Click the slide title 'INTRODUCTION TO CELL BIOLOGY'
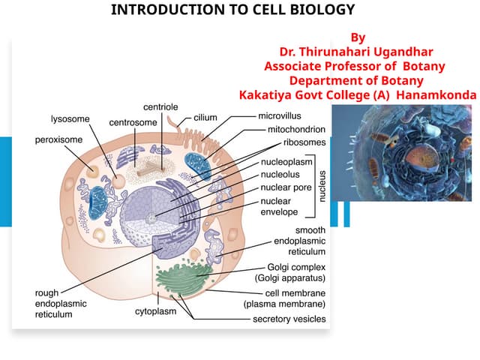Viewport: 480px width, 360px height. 232,10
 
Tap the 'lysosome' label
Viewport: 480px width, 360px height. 70,119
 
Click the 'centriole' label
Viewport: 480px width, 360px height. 160,107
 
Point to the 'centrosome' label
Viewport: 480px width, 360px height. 133,121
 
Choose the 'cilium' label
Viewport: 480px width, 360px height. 205,118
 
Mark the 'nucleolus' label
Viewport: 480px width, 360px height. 280,174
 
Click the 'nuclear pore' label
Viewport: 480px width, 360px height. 285,187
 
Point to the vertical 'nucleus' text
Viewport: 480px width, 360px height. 323,184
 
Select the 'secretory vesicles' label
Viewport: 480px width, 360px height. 289,319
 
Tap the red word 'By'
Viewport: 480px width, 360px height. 358,37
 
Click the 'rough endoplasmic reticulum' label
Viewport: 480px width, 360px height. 61,304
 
